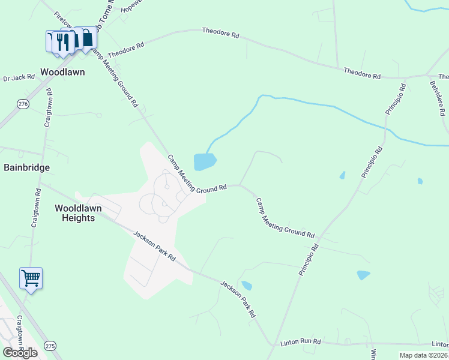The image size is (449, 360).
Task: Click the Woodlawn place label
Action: tap(62, 72)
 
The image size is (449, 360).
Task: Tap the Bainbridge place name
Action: tap(27, 167)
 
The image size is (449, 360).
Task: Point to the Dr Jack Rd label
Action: tap(19, 78)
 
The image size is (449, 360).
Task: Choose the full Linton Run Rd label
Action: tap(301, 342)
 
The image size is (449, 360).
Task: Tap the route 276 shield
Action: tap(23, 104)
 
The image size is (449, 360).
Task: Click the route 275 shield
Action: tap(50, 346)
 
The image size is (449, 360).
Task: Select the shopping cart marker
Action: tap(31, 278)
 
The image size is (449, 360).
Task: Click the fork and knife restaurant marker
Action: tap(62, 41)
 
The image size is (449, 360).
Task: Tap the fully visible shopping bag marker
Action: tap(88, 39)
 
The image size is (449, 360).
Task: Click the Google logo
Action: tap(20, 353)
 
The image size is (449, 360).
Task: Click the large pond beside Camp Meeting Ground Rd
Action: tap(204, 161)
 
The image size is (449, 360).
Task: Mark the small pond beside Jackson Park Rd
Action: tap(246, 286)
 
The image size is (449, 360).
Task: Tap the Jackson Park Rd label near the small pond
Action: tap(238, 299)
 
